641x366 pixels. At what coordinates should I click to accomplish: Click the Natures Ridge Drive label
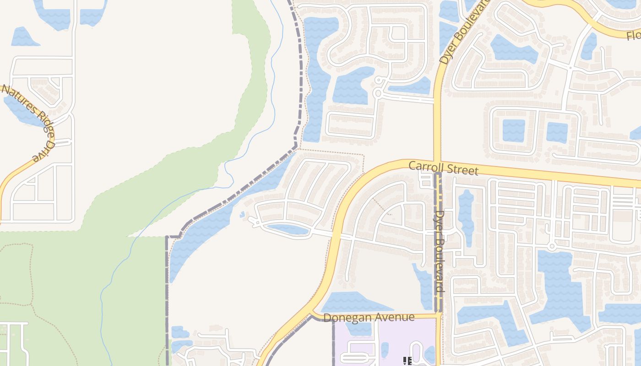click(x=28, y=123)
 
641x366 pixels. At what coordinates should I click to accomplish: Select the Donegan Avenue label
click(x=369, y=317)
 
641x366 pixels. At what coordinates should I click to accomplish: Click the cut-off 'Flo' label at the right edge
click(x=634, y=35)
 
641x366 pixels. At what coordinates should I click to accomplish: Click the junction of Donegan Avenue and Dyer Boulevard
click(x=438, y=315)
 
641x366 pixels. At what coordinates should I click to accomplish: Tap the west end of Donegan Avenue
click(x=312, y=315)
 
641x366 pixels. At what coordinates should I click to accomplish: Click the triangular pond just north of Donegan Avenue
click(x=353, y=302)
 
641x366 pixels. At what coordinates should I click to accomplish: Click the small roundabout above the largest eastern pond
click(x=552, y=247)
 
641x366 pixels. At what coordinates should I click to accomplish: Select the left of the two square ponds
click(x=513, y=130)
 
